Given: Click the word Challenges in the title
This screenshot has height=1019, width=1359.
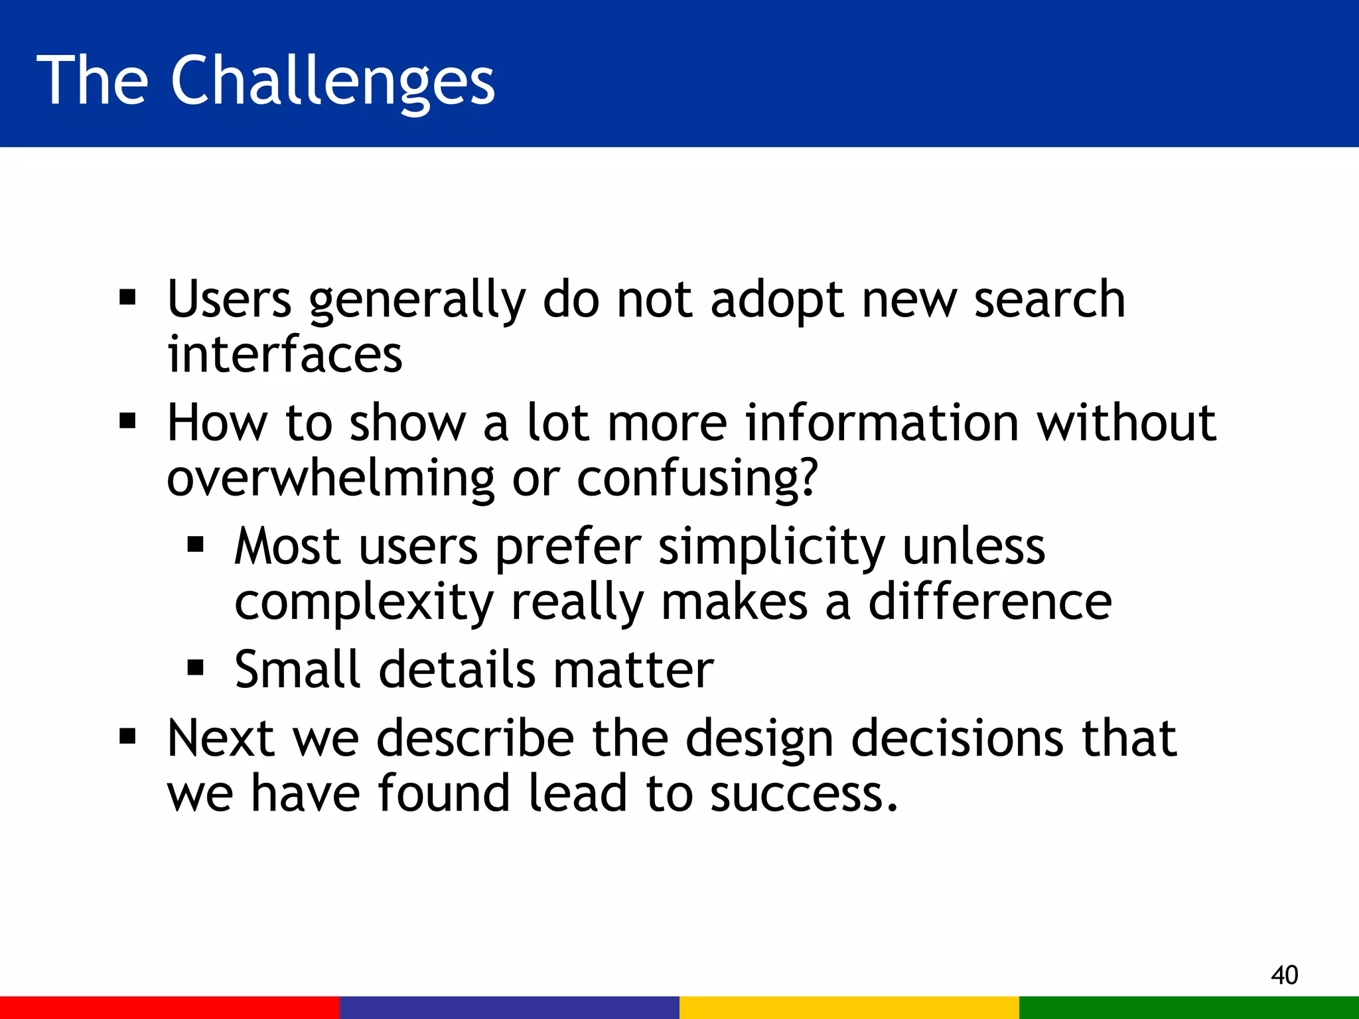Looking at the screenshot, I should [332, 81].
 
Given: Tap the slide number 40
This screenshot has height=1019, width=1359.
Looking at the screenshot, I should [1284, 975].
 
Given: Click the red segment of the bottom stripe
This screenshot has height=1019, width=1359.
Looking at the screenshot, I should [169, 1007].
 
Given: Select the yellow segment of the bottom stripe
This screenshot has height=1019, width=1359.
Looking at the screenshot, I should [849, 1007].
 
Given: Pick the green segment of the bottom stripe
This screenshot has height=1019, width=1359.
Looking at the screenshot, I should [1188, 1007].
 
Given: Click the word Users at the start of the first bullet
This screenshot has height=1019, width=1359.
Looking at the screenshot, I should [229, 300].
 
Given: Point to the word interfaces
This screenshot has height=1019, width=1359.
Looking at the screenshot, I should [284, 354].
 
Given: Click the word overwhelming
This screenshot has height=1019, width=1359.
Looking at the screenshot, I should [330, 479].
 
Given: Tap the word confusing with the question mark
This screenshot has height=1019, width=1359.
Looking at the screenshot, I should [697, 479].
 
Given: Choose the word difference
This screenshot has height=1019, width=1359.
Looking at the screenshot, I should [989, 602].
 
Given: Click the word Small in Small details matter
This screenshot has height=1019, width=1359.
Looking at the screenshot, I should [297, 669].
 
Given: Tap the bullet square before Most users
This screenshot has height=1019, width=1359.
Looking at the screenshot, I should [195, 545].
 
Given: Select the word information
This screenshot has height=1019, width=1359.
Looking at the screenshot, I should [881, 423].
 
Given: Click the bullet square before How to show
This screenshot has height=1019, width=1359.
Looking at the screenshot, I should [127, 421].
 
